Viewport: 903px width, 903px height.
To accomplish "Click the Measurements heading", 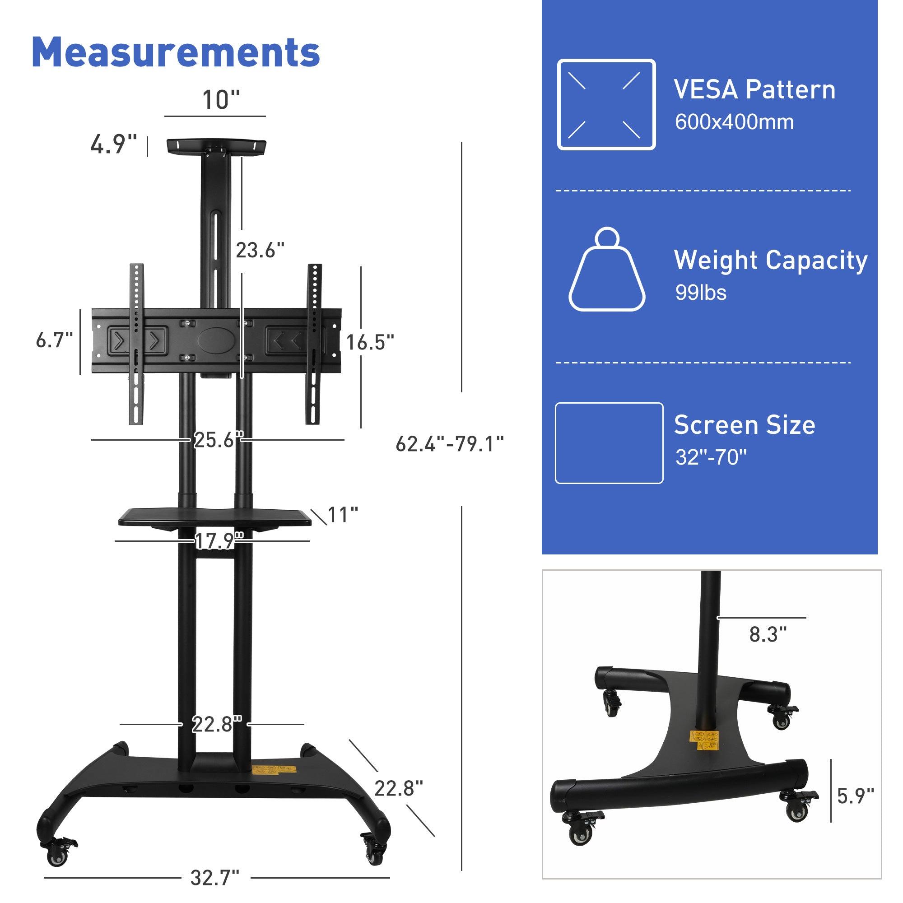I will coord(176,52).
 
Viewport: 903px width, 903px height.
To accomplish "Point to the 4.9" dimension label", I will coord(114,144).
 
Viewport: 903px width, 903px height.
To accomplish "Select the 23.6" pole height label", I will coord(260,251).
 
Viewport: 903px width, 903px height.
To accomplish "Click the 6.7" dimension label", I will coord(54,340).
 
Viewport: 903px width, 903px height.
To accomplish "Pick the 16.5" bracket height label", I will coord(370,343).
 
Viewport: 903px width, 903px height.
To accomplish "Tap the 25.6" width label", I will coord(218,440).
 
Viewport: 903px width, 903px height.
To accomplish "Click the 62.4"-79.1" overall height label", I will coord(449,444).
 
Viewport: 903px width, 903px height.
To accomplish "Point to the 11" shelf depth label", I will coord(343,515).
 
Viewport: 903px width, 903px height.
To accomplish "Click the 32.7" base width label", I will coord(214,878).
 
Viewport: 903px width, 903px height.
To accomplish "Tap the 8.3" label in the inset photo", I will coord(768,635).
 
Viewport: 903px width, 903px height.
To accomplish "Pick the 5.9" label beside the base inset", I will coord(855,796).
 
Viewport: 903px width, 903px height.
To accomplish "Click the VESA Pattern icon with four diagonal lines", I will coord(606,105).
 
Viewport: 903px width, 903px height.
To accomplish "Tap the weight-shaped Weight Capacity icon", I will coord(607,271).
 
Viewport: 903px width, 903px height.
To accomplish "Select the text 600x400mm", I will coord(734,122).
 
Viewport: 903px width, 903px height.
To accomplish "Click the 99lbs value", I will coord(700,293).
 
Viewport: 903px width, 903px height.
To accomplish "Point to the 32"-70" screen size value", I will coord(710,457).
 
